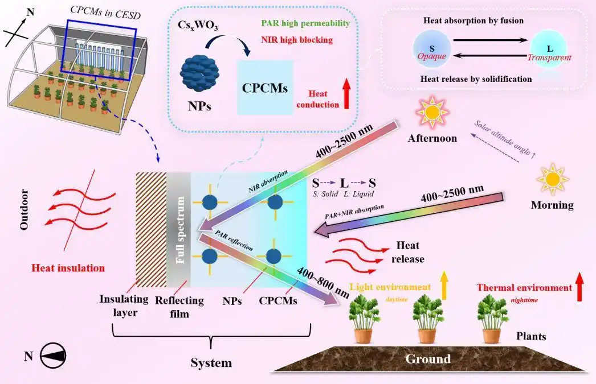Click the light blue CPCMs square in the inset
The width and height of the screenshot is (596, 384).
click(265, 88)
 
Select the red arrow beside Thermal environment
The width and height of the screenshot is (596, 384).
click(580, 287)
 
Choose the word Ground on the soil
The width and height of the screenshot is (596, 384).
click(427, 359)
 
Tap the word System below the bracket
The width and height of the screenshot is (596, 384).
click(211, 363)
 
